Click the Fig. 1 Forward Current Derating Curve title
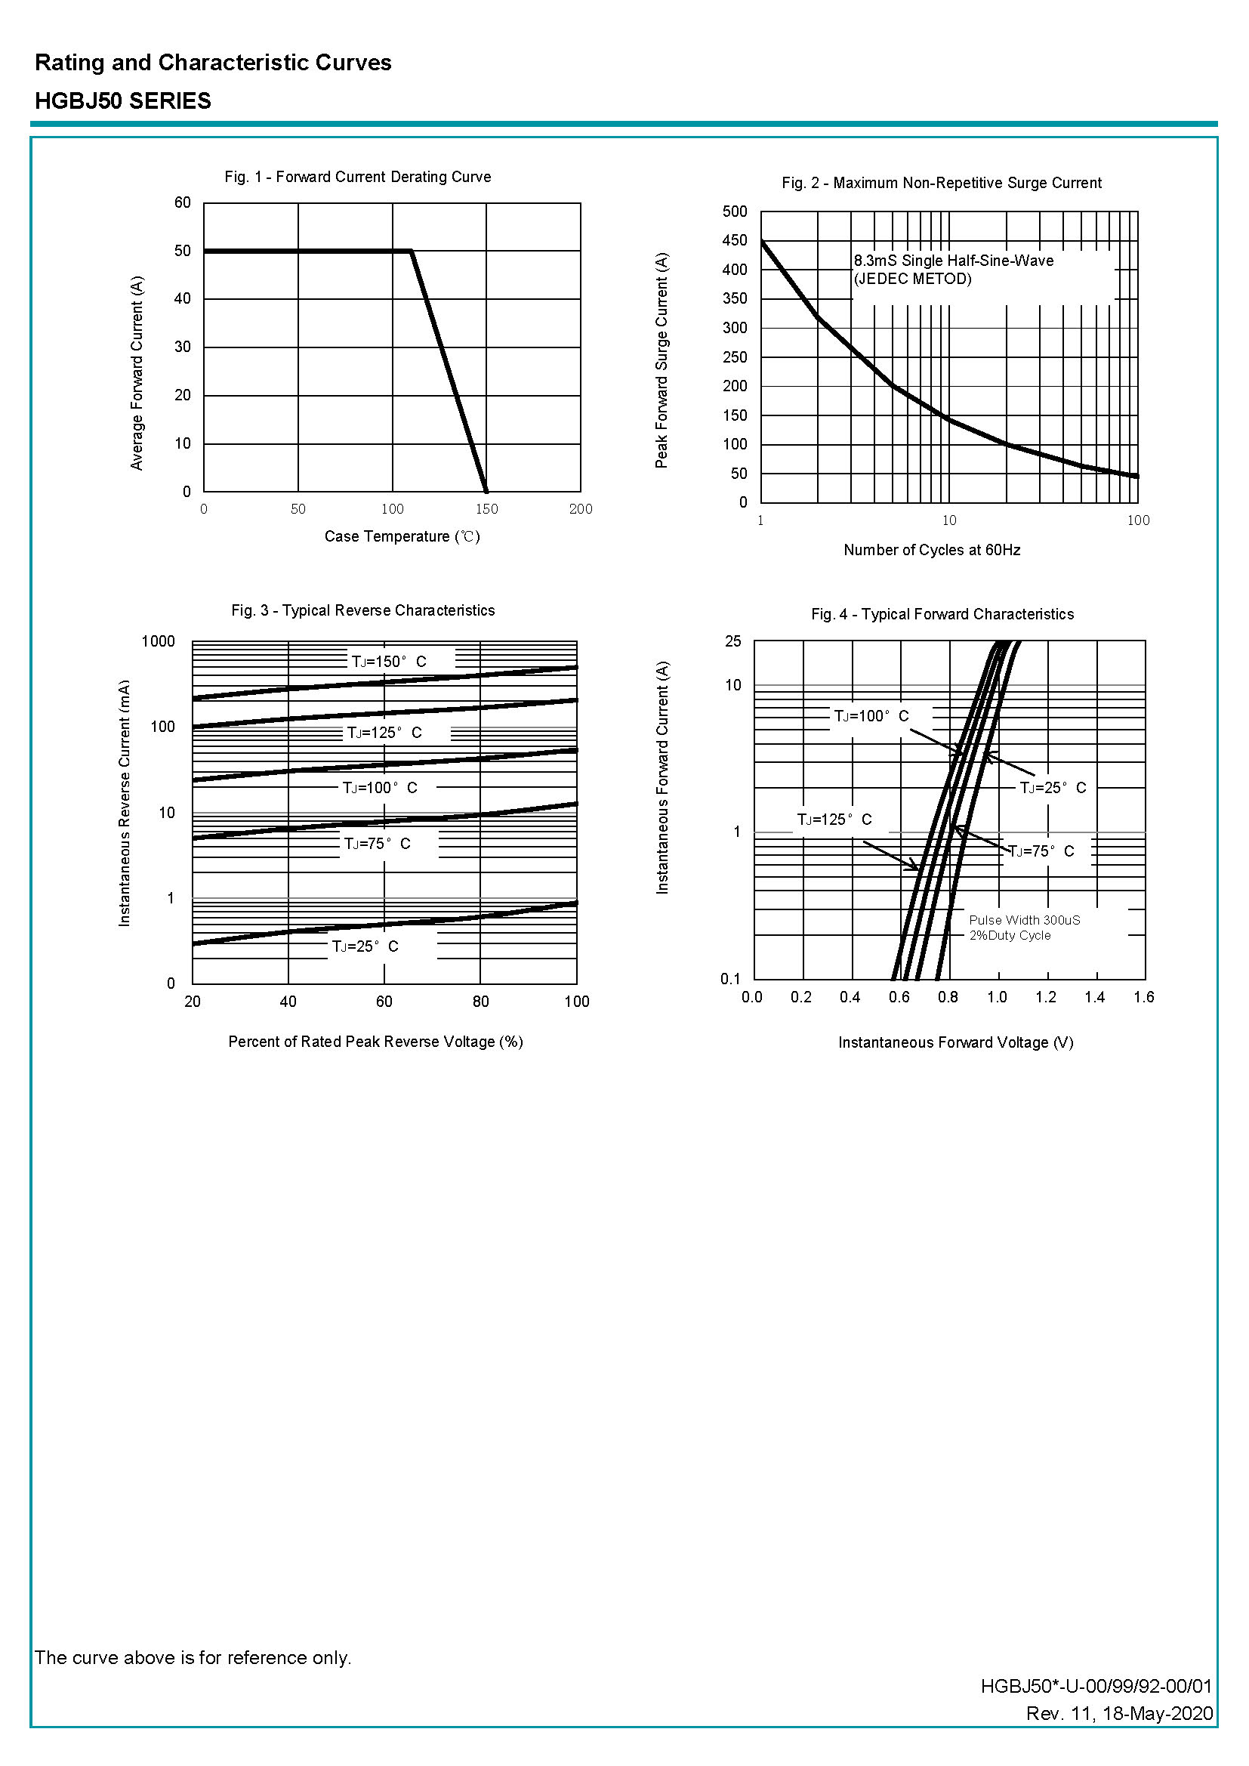click(x=358, y=177)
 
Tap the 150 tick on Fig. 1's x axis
click(x=487, y=509)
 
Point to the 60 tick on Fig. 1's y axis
click(x=182, y=202)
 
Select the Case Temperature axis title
click(x=402, y=536)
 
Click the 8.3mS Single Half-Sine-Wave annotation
click(x=953, y=261)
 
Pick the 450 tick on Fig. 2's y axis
click(x=735, y=240)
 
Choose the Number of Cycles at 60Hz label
click(x=931, y=550)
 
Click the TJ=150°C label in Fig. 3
click(x=388, y=662)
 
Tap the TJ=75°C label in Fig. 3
click(x=377, y=844)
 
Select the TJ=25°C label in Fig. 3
click(x=365, y=946)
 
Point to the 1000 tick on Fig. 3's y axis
click(x=159, y=641)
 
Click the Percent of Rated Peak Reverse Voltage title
click(x=375, y=1042)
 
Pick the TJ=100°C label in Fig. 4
click(x=871, y=716)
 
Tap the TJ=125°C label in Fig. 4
click(x=834, y=819)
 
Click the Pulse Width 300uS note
click(x=1025, y=920)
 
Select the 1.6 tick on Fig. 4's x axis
click(x=1143, y=997)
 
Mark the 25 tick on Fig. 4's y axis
click(x=733, y=641)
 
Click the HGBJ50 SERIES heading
click(x=123, y=100)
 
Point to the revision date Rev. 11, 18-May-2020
click(x=1119, y=1734)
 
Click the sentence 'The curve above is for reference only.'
click(x=193, y=1656)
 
